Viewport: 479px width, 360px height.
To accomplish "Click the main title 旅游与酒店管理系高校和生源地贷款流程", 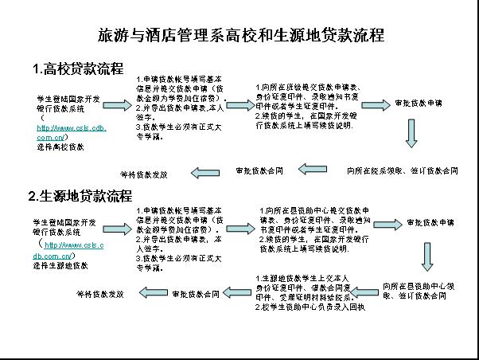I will (240, 36).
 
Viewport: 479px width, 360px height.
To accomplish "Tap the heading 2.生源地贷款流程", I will (80, 196).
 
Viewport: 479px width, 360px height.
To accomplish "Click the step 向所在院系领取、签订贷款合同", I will (402, 170).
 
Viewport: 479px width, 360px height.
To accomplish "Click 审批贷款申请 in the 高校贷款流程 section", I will (418, 104).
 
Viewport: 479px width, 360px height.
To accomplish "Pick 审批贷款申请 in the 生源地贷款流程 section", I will (430, 223).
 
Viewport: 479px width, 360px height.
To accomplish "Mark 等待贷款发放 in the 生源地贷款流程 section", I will (99, 295).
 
